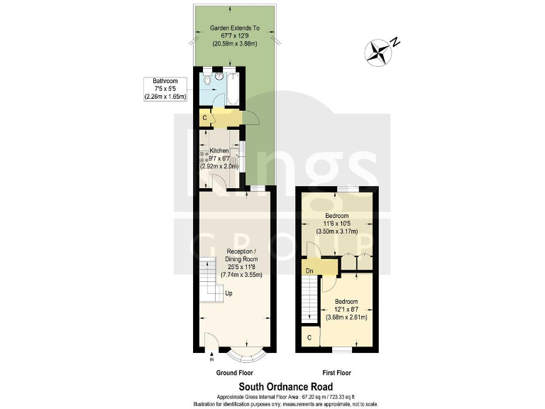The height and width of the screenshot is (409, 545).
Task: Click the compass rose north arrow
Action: (379, 50)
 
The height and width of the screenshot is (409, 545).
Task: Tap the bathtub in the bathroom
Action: (232, 88)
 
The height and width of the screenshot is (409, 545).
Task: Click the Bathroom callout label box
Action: (165, 89)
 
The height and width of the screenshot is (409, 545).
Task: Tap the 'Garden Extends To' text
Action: (235, 28)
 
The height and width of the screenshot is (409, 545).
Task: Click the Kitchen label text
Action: (219, 151)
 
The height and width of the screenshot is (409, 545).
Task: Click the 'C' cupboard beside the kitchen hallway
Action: (205, 117)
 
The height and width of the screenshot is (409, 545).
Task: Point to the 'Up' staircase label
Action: (228, 293)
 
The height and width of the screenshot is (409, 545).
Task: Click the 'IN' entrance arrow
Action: (211, 359)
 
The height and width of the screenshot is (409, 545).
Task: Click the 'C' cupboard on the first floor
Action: (309, 337)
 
